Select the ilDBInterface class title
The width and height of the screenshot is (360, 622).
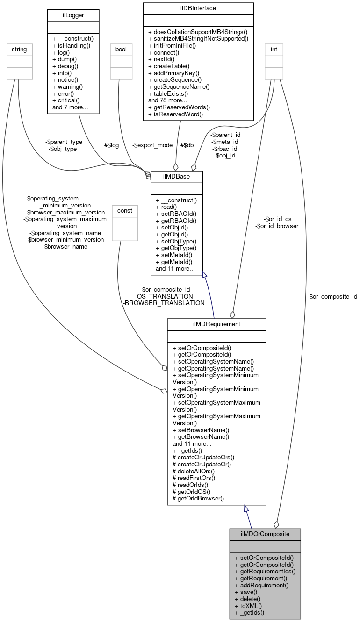tap(199, 7)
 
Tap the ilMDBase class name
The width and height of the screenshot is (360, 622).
tap(176, 176)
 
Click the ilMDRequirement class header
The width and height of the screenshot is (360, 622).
tap(216, 324)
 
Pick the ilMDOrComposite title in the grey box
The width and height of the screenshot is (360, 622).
tap(265, 534)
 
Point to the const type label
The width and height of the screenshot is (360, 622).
tap(124, 211)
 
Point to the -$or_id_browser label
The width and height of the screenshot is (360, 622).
tap(277, 226)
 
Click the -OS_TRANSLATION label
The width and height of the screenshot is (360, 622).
tap(164, 296)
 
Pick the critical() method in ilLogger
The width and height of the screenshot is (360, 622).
tap(68, 100)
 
